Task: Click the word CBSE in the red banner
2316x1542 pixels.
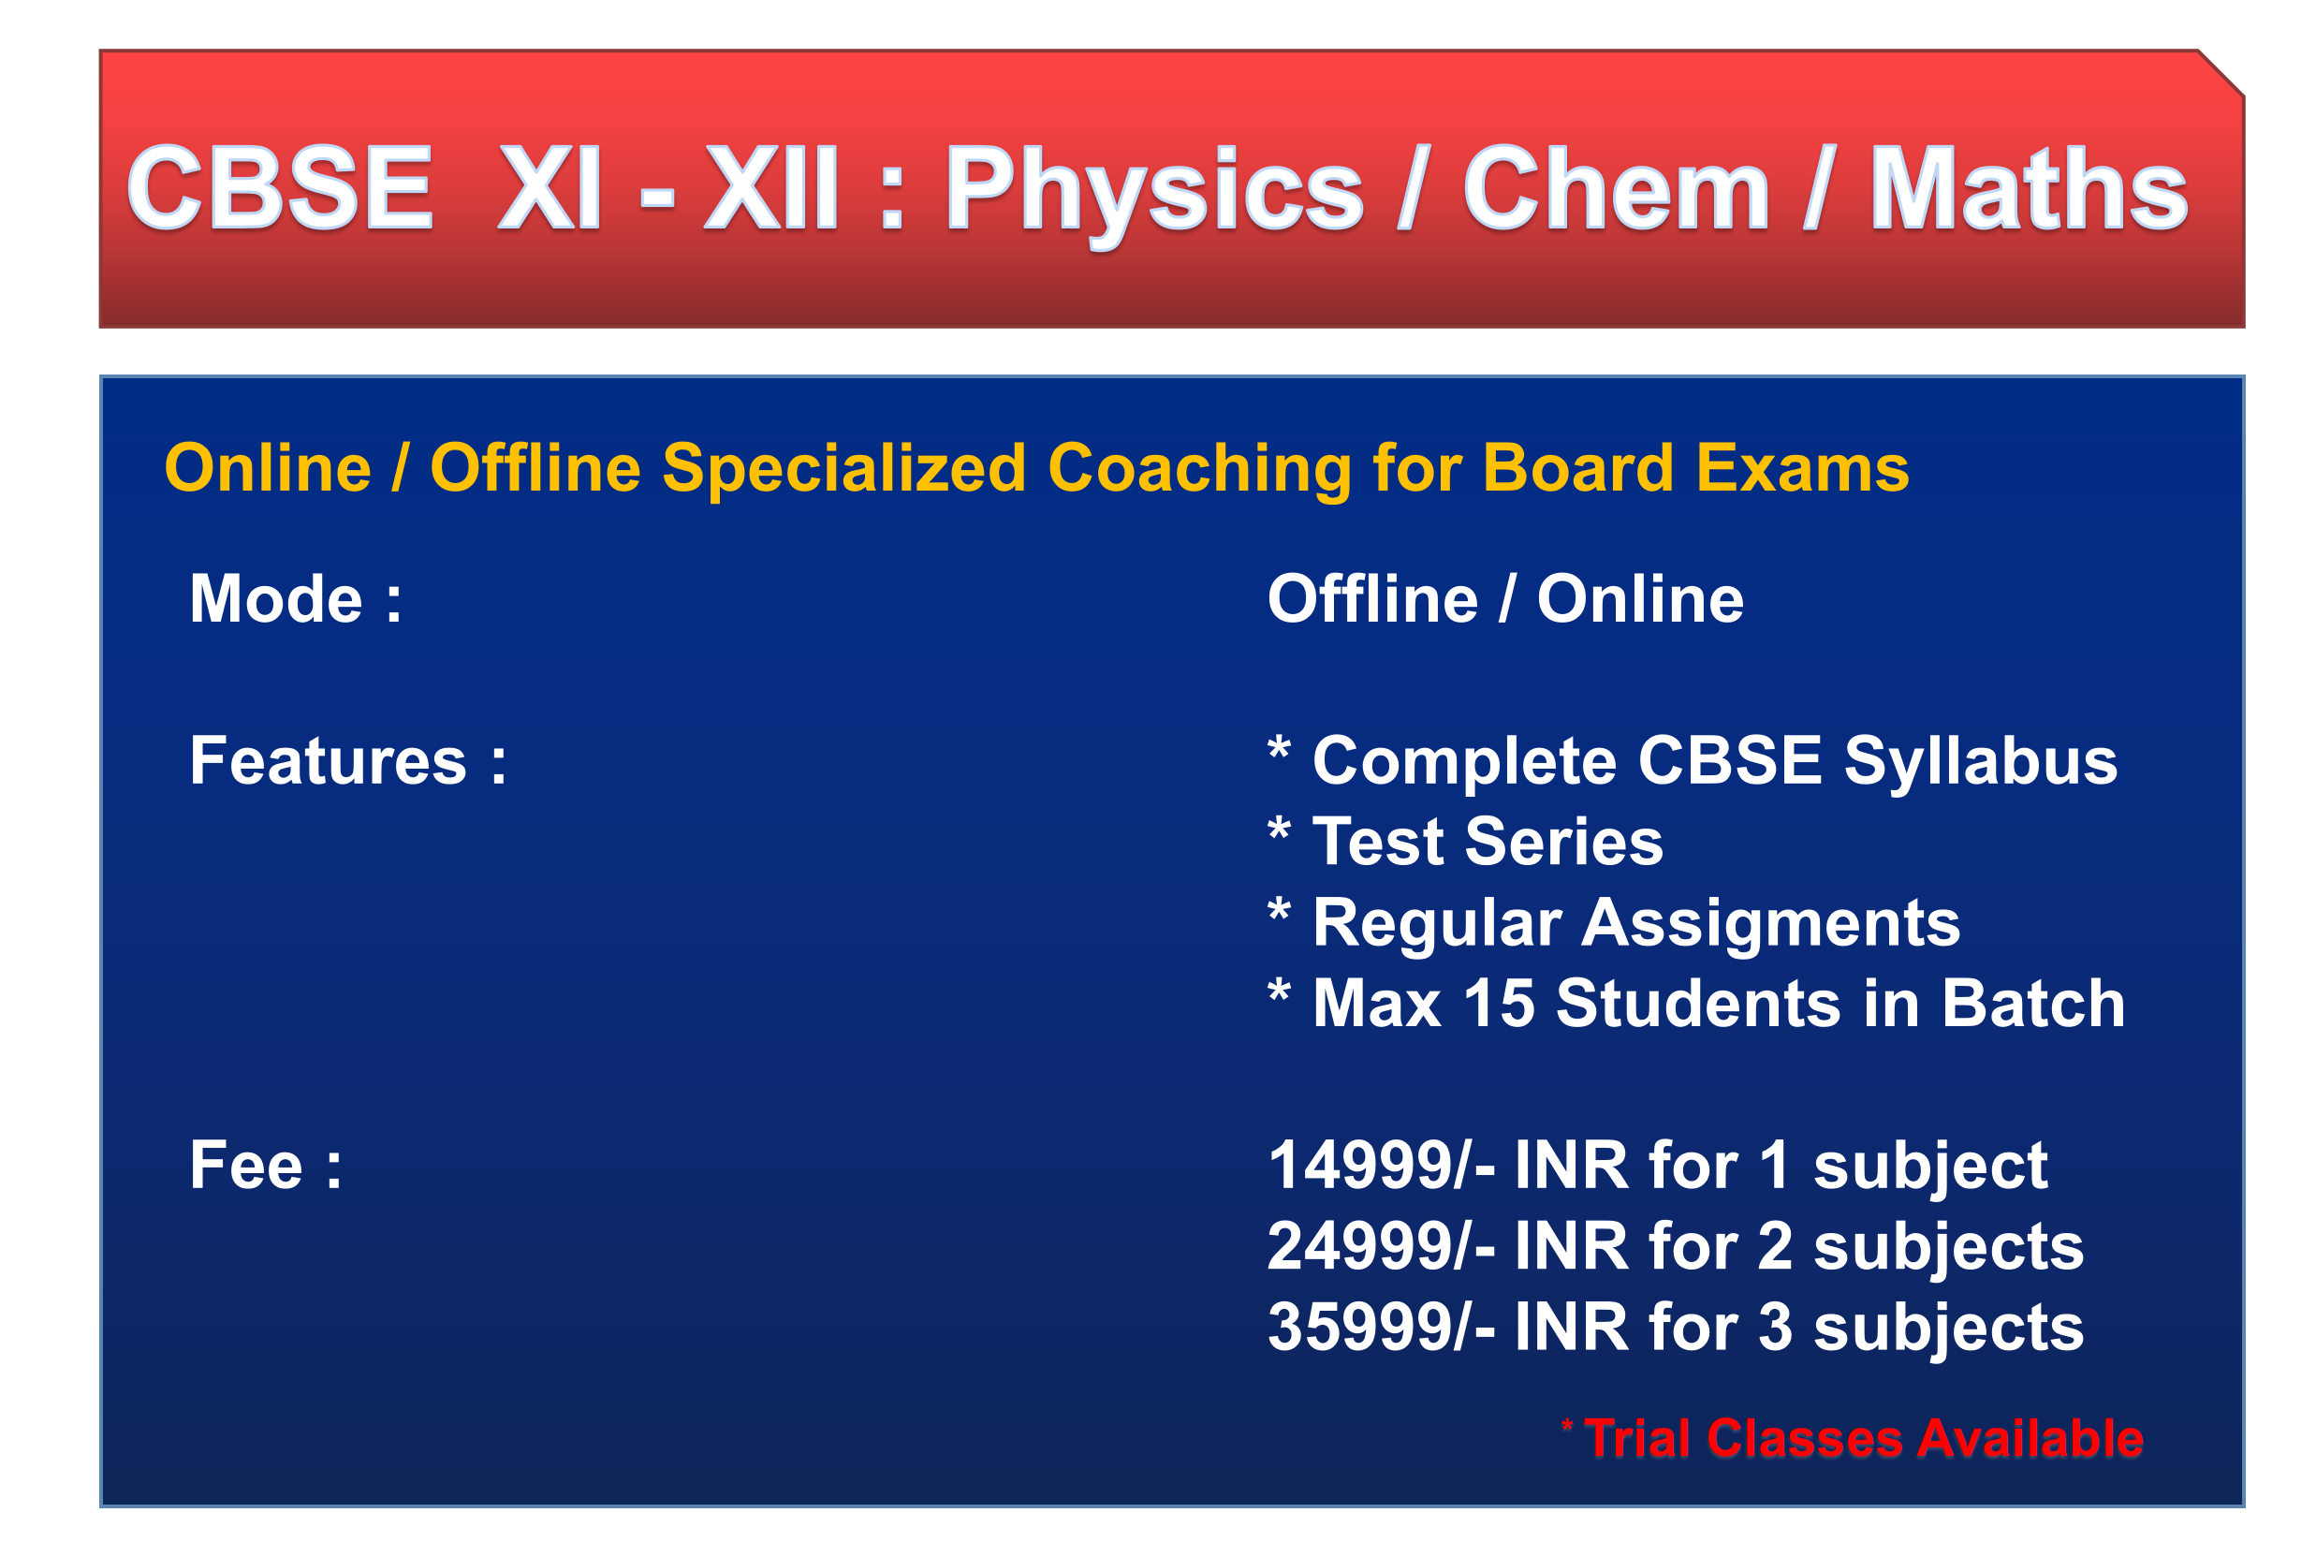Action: point(279,187)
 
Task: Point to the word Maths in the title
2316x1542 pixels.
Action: point(2027,187)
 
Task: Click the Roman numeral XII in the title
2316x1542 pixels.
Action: point(770,187)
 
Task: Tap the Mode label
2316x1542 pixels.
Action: point(276,599)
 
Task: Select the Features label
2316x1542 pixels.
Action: point(329,761)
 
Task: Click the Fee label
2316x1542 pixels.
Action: point(246,1167)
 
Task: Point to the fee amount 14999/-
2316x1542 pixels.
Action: point(1380,1167)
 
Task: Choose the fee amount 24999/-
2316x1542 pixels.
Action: point(1380,1247)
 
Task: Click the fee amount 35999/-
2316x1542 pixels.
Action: point(1380,1328)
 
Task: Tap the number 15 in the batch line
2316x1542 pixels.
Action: point(1498,1005)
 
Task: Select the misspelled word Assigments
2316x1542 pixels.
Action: point(1770,924)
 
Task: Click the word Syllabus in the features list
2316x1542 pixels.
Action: point(1980,763)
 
